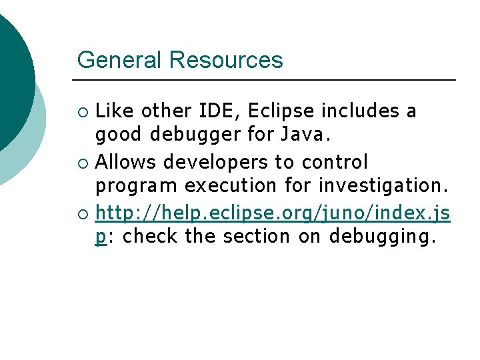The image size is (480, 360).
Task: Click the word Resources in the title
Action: click(226, 61)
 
